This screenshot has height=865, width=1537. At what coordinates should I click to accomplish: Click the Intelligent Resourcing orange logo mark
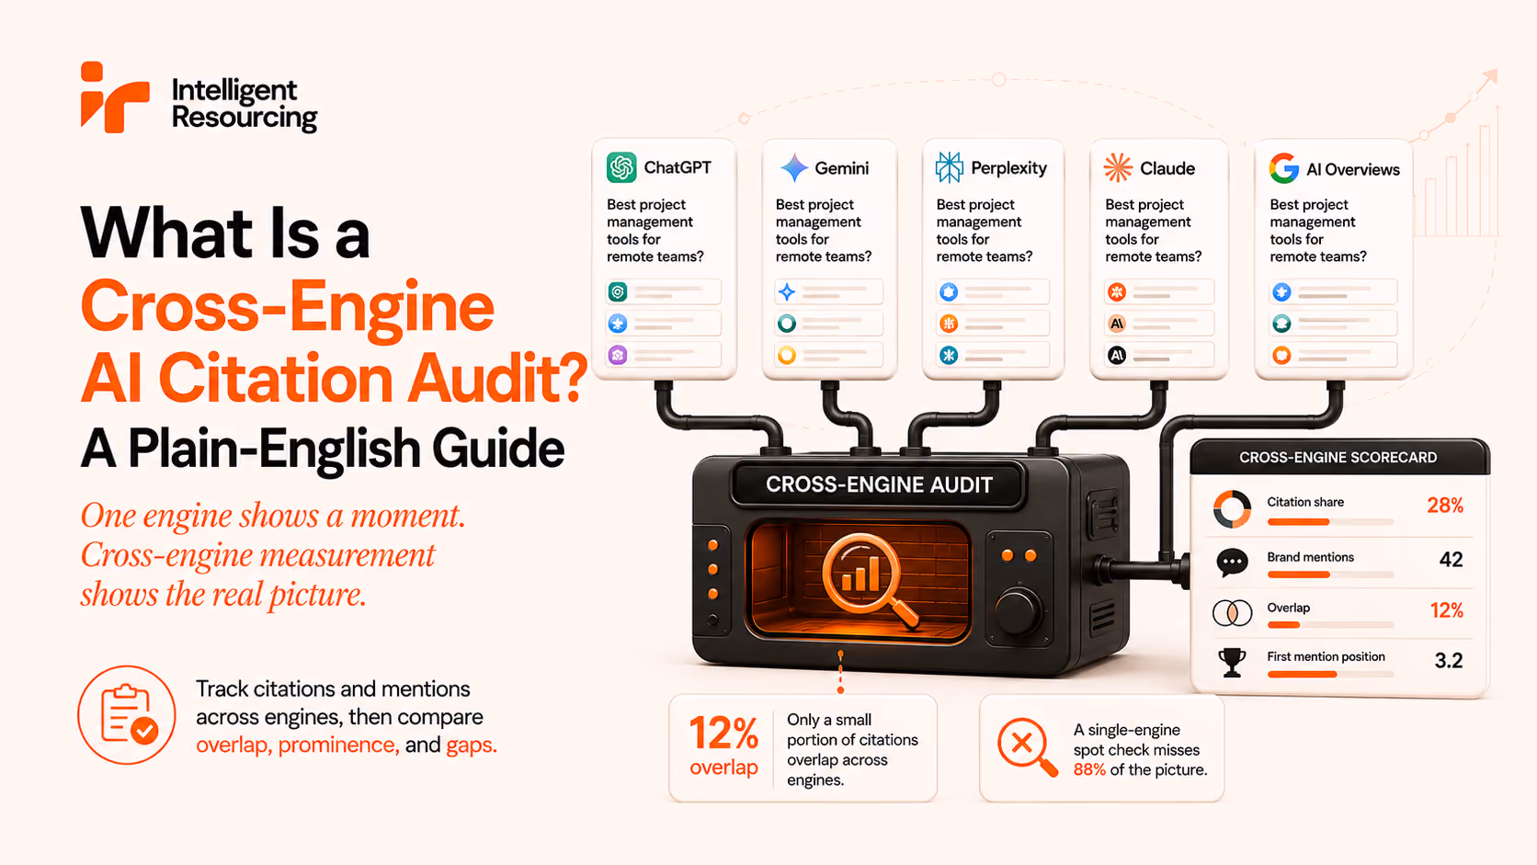click(x=114, y=97)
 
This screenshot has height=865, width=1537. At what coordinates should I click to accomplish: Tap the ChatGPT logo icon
click(x=621, y=167)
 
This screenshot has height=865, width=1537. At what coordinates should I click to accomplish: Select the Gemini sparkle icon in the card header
click(x=794, y=167)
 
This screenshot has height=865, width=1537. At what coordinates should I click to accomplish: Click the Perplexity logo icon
click(x=950, y=167)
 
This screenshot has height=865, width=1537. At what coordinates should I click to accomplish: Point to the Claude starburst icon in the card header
click(x=1118, y=168)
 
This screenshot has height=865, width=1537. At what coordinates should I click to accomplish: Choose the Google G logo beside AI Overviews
click(x=1284, y=169)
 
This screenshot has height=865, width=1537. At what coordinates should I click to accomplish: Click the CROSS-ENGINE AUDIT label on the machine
click(x=879, y=485)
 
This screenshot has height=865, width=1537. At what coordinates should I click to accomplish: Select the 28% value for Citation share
click(x=1445, y=506)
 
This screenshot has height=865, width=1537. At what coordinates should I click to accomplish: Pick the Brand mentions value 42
click(x=1452, y=560)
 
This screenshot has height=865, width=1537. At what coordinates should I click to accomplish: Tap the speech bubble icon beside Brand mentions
click(x=1233, y=563)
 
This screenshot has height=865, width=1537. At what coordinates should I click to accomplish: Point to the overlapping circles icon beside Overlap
click(x=1233, y=612)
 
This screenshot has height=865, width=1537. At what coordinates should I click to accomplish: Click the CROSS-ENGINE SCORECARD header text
click(x=1338, y=458)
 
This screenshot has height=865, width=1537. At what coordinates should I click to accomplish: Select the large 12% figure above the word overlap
click(x=723, y=734)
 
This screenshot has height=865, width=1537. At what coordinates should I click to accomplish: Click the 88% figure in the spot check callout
click(x=1089, y=769)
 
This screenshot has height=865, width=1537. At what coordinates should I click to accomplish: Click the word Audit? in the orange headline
click(x=496, y=378)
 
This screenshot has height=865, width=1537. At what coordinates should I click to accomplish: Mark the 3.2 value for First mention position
click(x=1449, y=661)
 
